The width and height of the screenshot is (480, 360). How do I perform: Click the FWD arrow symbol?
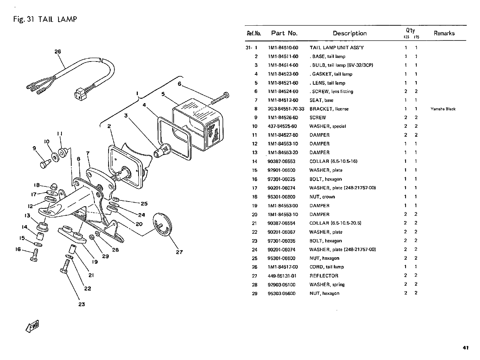32,326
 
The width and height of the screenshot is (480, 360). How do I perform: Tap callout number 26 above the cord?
58,52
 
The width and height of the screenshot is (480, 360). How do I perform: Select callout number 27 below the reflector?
179,252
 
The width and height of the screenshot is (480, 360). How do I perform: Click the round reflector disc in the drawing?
162,224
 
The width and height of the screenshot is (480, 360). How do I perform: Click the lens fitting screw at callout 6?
220,99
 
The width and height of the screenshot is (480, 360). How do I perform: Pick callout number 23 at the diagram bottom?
81,304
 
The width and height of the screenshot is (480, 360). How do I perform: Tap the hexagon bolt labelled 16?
34,255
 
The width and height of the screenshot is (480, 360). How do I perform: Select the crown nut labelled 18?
54,187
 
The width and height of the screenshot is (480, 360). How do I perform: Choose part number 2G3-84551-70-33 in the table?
286,109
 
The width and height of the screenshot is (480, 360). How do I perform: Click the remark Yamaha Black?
443,109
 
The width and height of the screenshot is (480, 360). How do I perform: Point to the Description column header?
349,33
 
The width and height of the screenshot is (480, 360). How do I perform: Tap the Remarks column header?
444,33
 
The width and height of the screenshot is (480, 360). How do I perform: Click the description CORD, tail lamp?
327,267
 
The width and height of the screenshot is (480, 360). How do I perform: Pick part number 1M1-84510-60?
283,48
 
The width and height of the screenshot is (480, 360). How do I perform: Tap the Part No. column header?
284,33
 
